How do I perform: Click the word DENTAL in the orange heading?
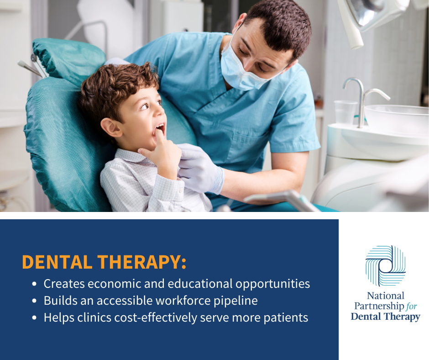click(x=57, y=262)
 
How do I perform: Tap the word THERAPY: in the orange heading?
click(x=142, y=262)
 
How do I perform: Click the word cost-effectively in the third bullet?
click(x=156, y=318)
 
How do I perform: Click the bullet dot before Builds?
click(x=34, y=301)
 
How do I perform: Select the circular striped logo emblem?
click(x=386, y=265)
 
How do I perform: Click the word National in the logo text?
click(x=386, y=296)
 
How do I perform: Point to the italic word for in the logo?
click(x=412, y=306)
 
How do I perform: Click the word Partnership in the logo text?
click(x=379, y=306)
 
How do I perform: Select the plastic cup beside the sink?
click(x=345, y=112)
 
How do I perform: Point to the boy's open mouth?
click(x=160, y=129)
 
